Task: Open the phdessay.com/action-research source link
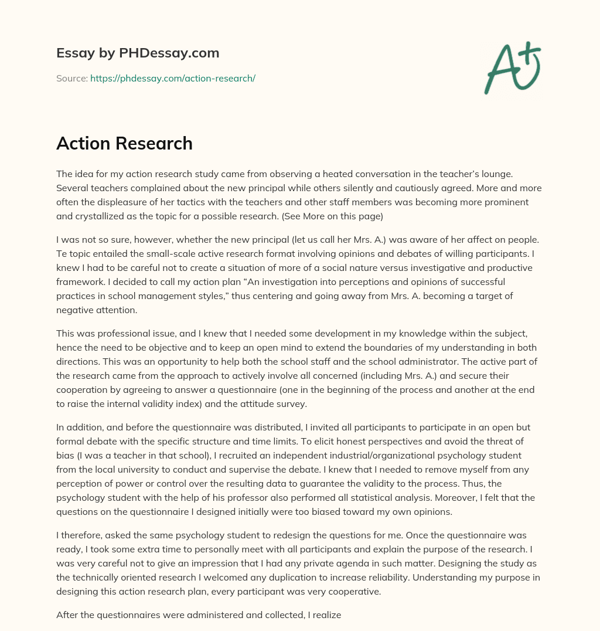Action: coord(172,78)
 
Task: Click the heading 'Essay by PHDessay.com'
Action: coord(138,53)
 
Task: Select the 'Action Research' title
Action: coord(124,143)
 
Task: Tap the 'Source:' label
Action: coord(71,78)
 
